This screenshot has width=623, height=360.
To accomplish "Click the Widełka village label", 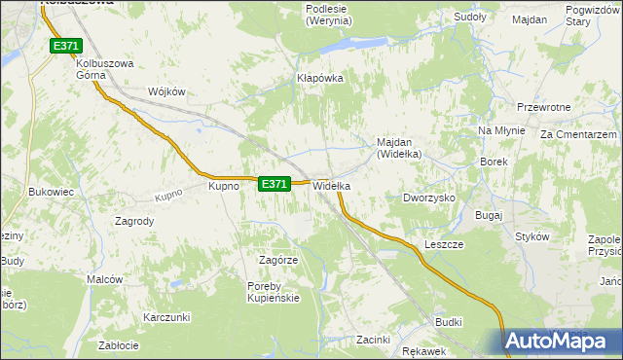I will point(331,185).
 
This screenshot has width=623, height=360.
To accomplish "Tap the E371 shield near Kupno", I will point(275,183).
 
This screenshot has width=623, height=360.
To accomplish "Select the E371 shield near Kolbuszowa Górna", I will point(65,46).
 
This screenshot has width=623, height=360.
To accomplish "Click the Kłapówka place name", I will point(321,78).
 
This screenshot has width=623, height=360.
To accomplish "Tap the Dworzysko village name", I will point(429,198).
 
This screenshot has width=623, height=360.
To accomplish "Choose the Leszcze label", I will point(442,244).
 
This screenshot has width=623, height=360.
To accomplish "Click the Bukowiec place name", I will point(52,193).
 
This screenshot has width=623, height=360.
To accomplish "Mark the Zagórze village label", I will point(277,261).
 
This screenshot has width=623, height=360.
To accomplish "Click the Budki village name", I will point(449,321).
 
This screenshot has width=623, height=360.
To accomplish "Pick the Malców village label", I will point(104,279).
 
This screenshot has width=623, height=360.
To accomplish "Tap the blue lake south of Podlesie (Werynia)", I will point(346,45).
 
